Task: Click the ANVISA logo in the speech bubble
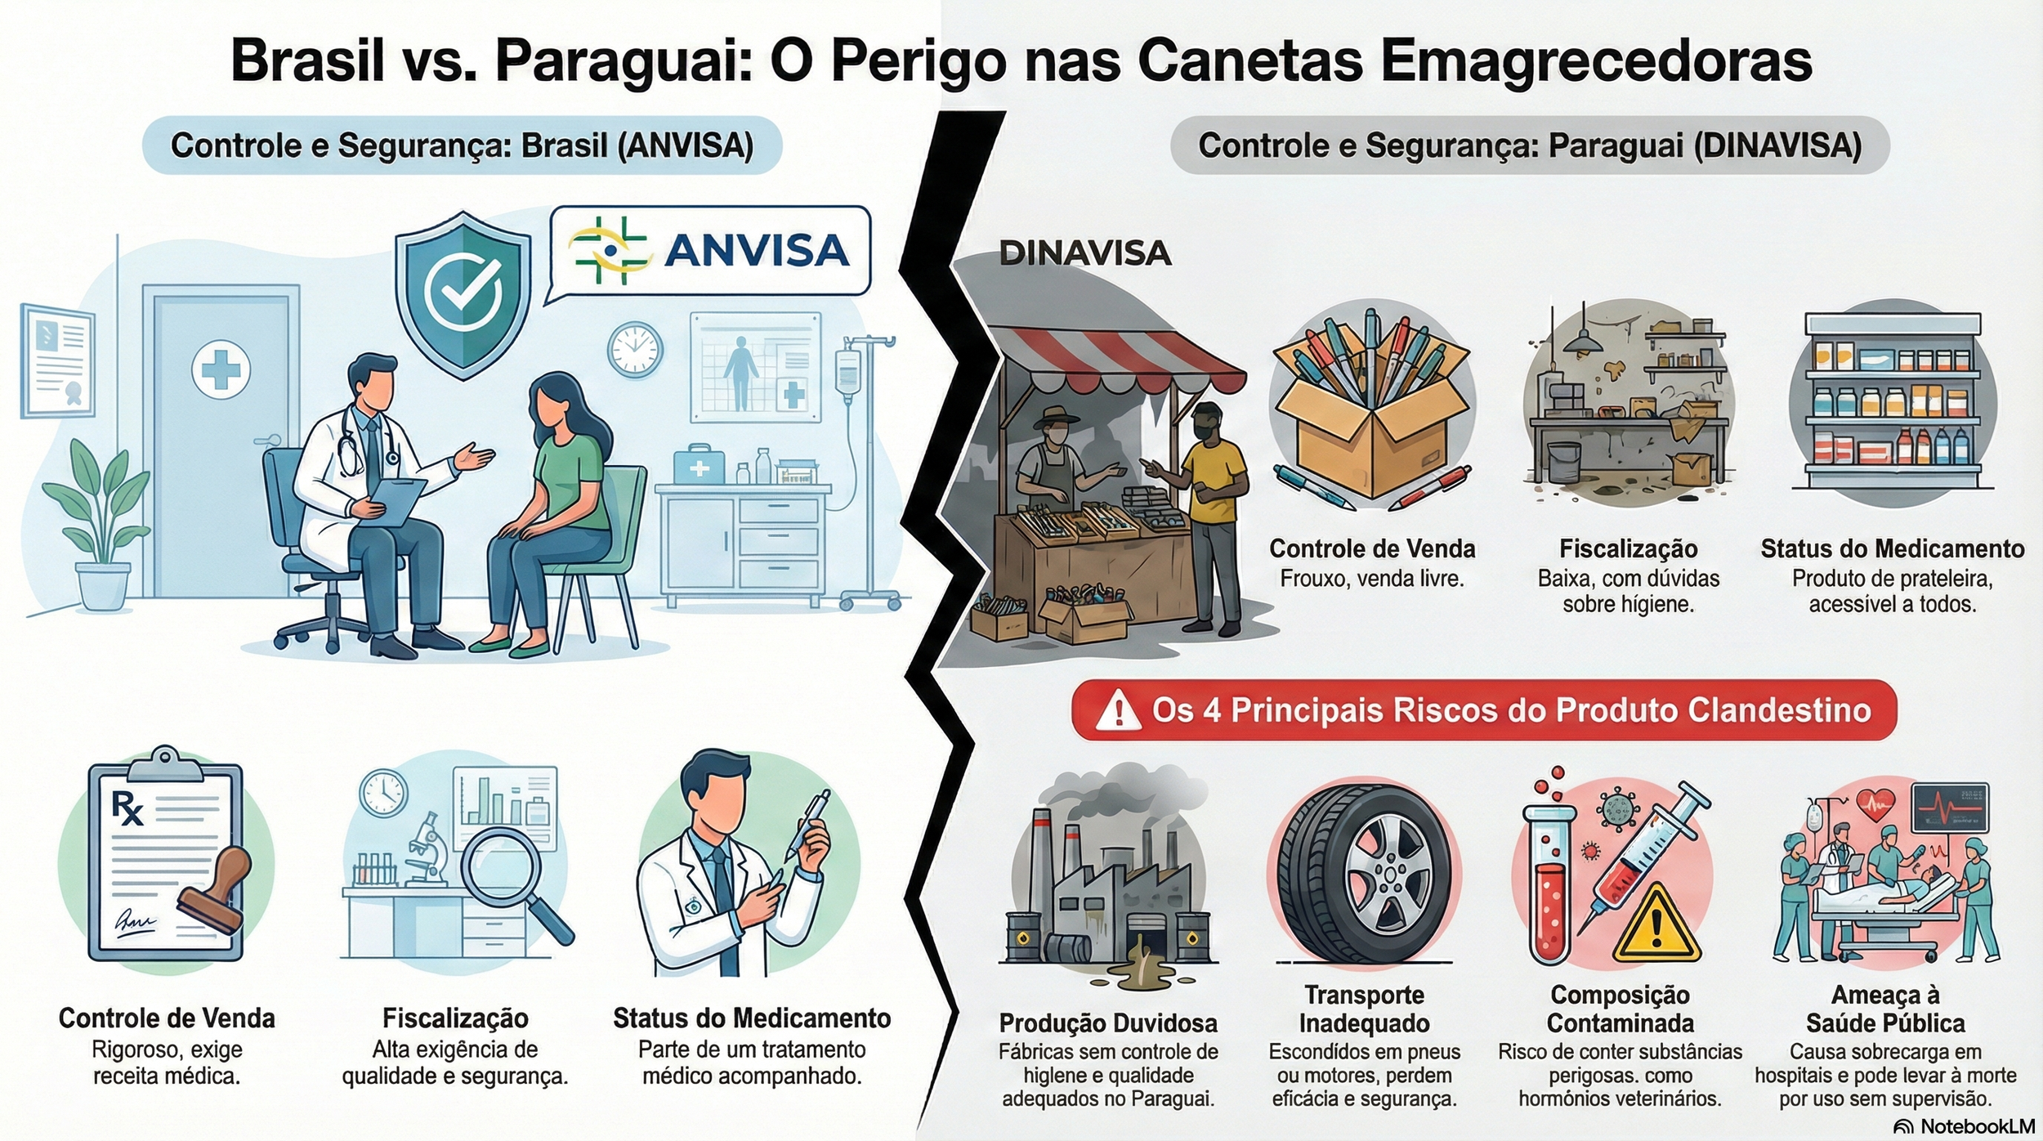709,249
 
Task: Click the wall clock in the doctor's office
635,350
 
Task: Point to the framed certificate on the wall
57,360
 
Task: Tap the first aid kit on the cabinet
699,464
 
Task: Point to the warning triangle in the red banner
1118,709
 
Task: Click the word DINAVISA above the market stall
1085,253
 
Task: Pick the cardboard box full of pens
1372,409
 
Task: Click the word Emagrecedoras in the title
1596,61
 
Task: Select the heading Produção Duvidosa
1108,1022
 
